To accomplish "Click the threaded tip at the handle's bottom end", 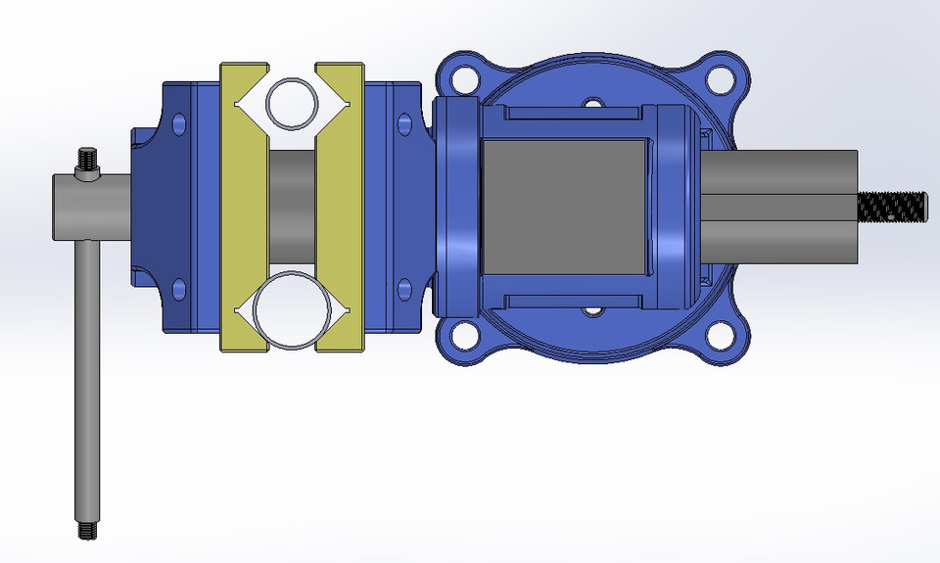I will [85, 530].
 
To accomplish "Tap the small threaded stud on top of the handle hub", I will [88, 161].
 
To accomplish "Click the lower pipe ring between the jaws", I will [291, 310].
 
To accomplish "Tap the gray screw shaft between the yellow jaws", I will [292, 207].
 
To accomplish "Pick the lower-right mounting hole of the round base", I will [721, 335].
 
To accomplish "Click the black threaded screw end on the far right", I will [892, 207].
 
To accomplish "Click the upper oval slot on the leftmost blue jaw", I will [178, 123].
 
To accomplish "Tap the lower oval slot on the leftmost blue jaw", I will [178, 289].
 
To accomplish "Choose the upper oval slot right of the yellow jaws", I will [402, 123].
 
